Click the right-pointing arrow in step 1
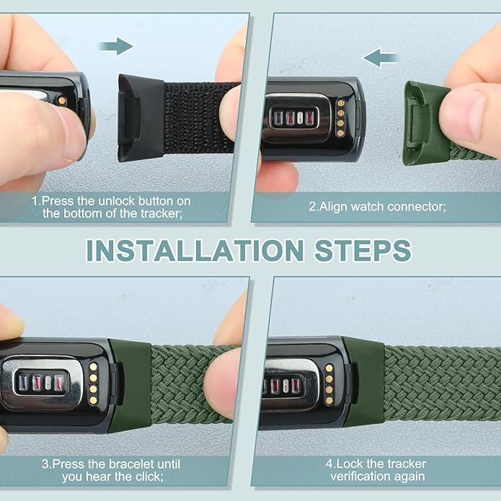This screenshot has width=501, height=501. pos(116,48)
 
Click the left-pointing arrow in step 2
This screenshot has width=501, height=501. pos(381,57)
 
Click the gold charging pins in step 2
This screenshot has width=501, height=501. pos(340,118)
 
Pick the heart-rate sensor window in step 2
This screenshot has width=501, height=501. pos(291,118)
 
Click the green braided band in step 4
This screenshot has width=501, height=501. pos(440,382)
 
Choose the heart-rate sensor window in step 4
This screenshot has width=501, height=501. pos(285,383)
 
